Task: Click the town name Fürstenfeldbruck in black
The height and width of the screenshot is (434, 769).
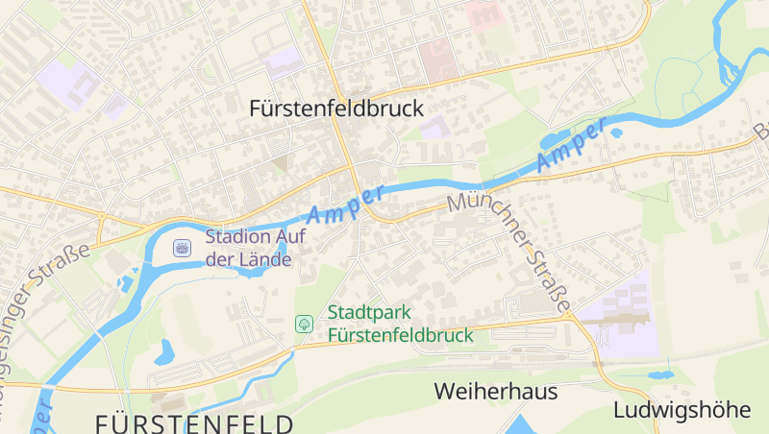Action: coord(335,109)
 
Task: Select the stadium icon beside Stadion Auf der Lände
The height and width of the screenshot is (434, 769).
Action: coord(181,249)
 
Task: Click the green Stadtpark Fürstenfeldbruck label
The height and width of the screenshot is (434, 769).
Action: coord(400,324)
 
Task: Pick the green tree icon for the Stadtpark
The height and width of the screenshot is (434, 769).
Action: coord(304,324)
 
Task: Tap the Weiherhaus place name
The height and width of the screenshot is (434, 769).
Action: coord(495,392)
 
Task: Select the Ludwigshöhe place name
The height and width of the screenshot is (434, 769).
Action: coord(682,410)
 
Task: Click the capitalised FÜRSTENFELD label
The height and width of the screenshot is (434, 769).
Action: coord(195,422)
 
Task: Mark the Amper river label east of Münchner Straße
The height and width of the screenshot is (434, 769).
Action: coord(573,145)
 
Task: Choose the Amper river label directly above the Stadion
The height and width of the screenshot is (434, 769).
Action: coord(345,203)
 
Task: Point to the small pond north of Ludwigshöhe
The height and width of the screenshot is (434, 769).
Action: coord(660,374)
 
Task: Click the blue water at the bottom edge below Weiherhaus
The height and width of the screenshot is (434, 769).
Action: coord(524,425)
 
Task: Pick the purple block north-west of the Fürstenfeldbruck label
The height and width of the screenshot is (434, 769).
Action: coord(285,62)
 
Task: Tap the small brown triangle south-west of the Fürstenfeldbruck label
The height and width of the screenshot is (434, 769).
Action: coord(281,164)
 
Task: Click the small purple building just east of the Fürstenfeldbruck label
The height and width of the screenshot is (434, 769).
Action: coord(435,127)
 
